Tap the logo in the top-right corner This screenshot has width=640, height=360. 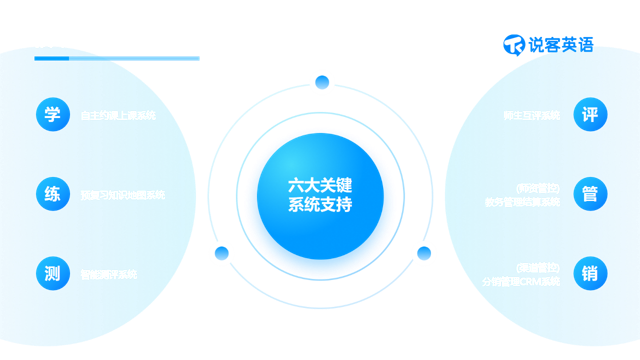pyautogui.click(x=549, y=44)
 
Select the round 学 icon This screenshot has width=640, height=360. pyautogui.click(x=53, y=115)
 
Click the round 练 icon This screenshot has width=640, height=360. pyautogui.click(x=53, y=195)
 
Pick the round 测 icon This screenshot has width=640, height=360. pyautogui.click(x=53, y=274)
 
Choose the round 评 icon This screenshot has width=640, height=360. pyautogui.click(x=590, y=115)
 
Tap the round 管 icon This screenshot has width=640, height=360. pyautogui.click(x=590, y=194)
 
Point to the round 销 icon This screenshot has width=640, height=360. pyautogui.click(x=590, y=274)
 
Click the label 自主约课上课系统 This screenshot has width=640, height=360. pyautogui.click(x=118, y=116)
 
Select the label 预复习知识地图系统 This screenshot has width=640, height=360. pyautogui.click(x=123, y=195)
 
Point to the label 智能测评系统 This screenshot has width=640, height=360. pyautogui.click(x=109, y=274)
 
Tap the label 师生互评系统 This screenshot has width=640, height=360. pyautogui.click(x=532, y=116)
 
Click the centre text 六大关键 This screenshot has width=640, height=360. pyautogui.click(x=320, y=185)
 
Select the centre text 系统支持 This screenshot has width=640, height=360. pyautogui.click(x=320, y=206)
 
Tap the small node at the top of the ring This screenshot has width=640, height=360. pyautogui.click(x=322, y=81)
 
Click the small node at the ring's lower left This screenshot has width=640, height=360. pyautogui.click(x=221, y=253)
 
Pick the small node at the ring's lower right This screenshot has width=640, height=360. pyautogui.click(x=424, y=253)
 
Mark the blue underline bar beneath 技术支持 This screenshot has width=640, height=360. pyautogui.click(x=116, y=58)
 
